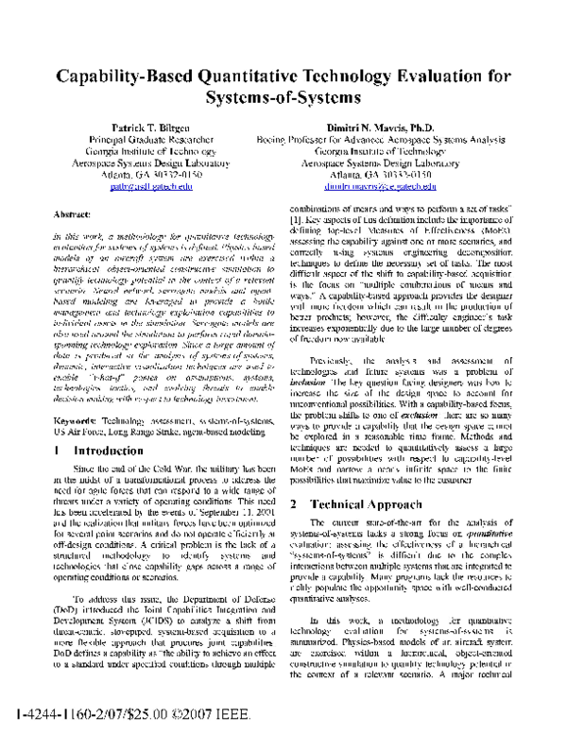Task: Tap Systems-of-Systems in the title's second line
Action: pos(283,101)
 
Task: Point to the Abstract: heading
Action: pos(73,215)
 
